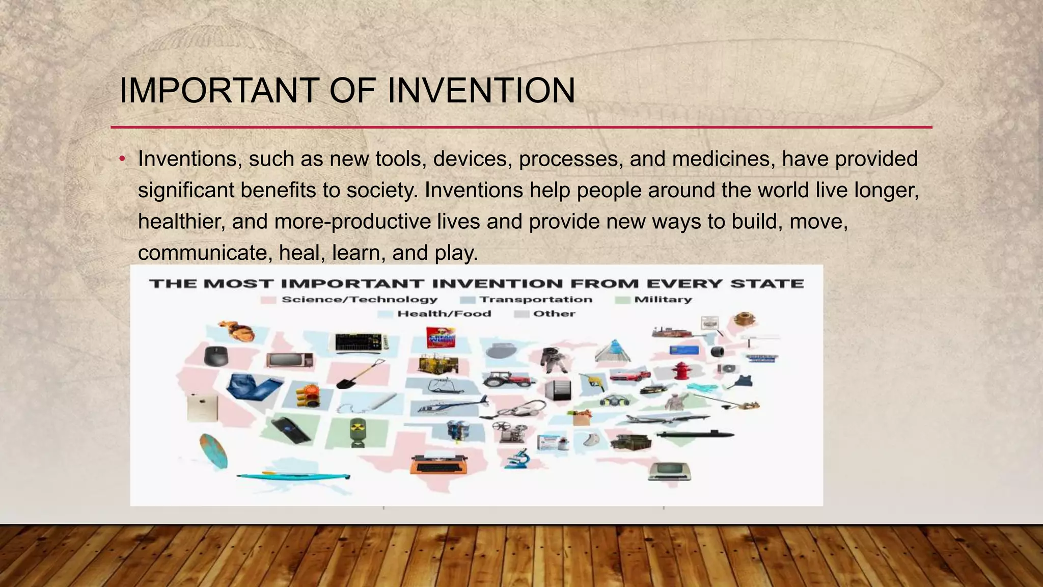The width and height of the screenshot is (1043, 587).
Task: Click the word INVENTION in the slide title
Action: click(481, 91)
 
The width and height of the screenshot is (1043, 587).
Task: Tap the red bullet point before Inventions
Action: click(122, 159)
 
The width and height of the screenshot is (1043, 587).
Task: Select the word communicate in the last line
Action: click(202, 253)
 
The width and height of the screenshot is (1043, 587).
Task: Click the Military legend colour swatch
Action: click(622, 300)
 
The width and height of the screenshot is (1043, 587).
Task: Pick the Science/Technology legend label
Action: click(360, 300)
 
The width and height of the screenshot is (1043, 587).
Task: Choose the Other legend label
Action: click(554, 314)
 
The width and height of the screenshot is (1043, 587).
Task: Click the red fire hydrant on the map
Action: click(680, 370)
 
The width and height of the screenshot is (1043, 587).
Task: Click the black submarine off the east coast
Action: click(695, 435)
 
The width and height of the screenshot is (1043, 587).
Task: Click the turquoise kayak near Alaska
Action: click(293, 476)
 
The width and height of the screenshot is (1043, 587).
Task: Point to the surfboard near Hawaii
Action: click(213, 451)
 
